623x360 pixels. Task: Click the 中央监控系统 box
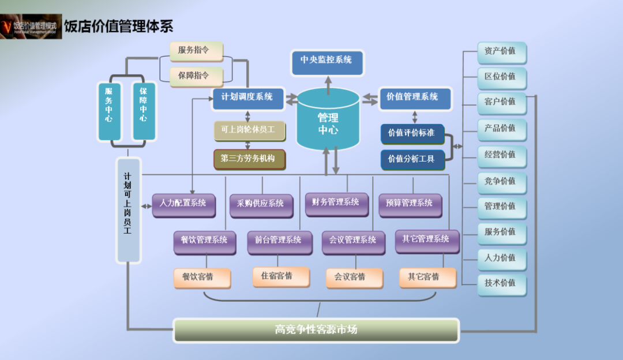click(x=328, y=62)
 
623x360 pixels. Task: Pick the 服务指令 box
click(x=196, y=51)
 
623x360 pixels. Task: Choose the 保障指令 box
click(x=196, y=76)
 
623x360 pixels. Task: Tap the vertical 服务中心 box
click(x=109, y=111)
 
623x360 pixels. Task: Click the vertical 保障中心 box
click(x=144, y=111)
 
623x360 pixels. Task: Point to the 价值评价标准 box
click(x=412, y=134)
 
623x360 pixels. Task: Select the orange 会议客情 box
click(x=354, y=278)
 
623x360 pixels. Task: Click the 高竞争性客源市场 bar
click(x=316, y=330)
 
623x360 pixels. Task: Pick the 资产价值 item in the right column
click(x=501, y=52)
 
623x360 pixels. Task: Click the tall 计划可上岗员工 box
click(x=128, y=211)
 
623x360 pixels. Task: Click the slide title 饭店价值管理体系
click(x=119, y=26)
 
